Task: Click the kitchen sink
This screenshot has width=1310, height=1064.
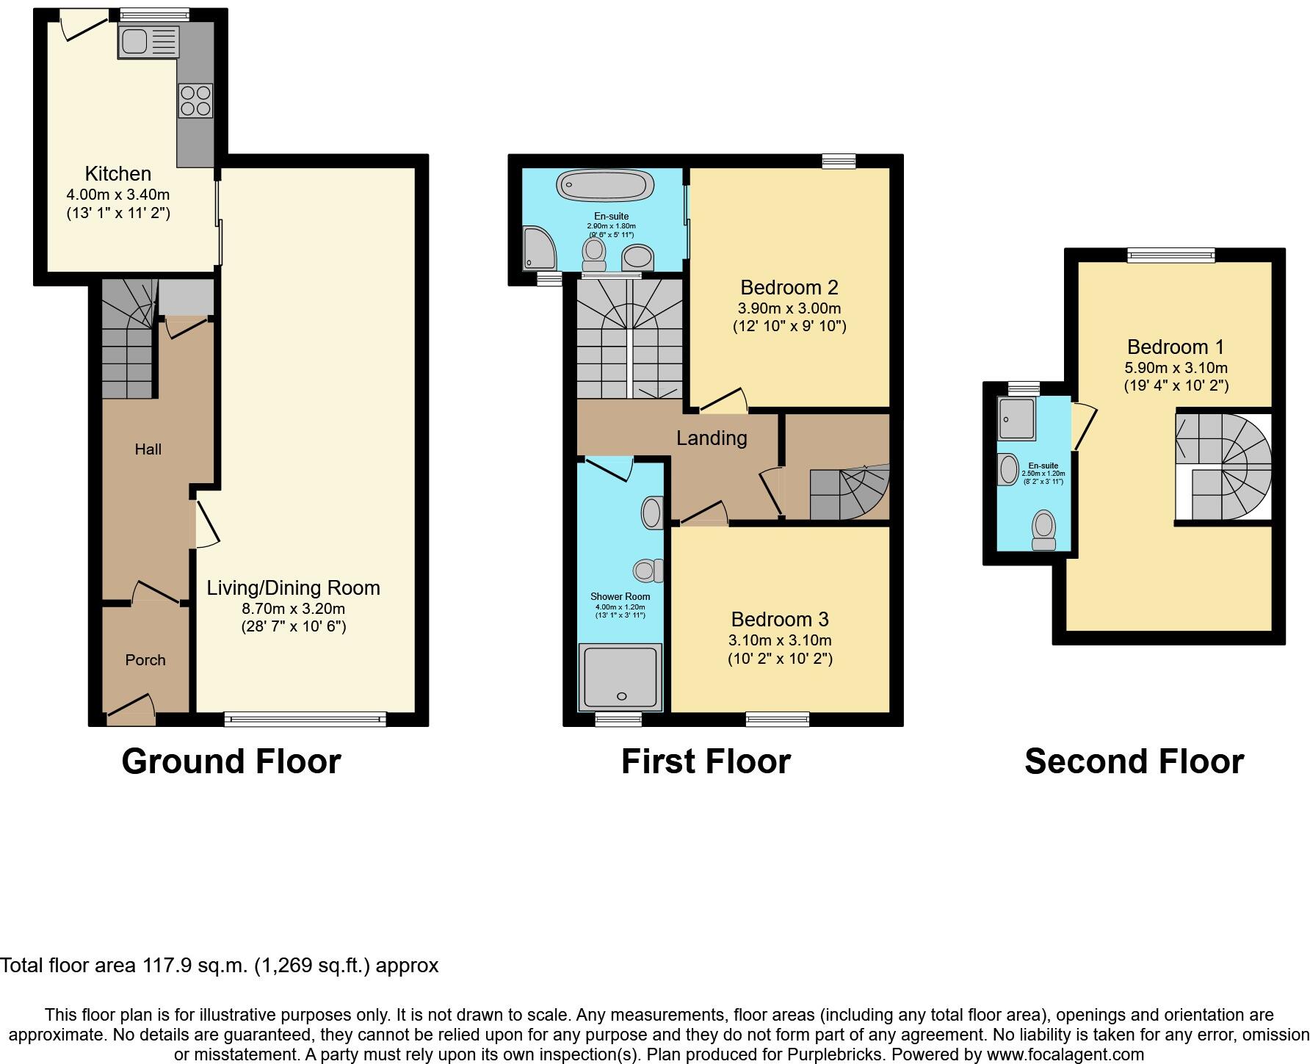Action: pyautogui.click(x=148, y=41)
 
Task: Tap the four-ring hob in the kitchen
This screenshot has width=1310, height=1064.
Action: pyautogui.click(x=195, y=101)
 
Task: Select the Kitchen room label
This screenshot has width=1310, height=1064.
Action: pyautogui.click(x=118, y=174)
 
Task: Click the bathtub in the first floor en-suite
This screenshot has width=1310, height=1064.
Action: pyautogui.click(x=604, y=184)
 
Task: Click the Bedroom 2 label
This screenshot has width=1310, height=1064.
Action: pyautogui.click(x=789, y=287)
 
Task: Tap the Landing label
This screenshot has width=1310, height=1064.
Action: pyautogui.click(x=711, y=438)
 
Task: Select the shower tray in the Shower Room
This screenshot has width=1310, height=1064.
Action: pyautogui.click(x=620, y=677)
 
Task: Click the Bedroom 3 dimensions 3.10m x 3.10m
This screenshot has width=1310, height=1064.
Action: pyautogui.click(x=780, y=640)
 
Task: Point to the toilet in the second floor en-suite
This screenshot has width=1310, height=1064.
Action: pyautogui.click(x=1043, y=530)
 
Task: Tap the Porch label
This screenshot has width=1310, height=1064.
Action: pyautogui.click(x=145, y=660)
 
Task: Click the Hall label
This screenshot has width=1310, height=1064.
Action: pyautogui.click(x=148, y=449)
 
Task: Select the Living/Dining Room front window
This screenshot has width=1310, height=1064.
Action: pyautogui.click(x=305, y=720)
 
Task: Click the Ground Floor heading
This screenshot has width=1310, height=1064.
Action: pyautogui.click(x=231, y=761)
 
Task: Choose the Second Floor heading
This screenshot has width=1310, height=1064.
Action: pyautogui.click(x=1134, y=761)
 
